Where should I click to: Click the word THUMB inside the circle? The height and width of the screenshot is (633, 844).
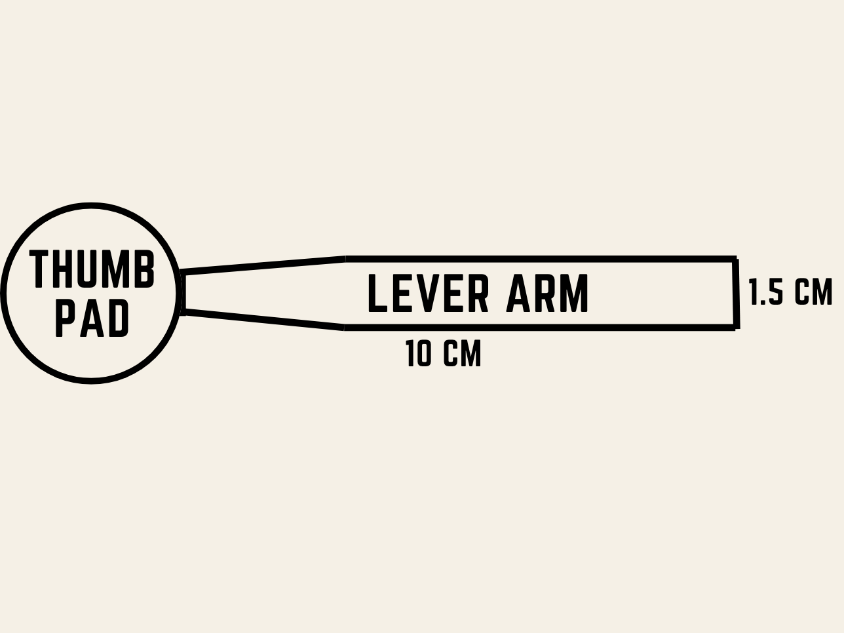tap(92, 269)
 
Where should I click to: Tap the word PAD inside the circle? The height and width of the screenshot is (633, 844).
tap(92, 318)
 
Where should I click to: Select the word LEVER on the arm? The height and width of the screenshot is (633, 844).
tap(428, 293)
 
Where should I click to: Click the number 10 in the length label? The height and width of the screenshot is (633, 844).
tap(418, 353)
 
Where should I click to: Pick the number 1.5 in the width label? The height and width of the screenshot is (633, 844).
tap(766, 292)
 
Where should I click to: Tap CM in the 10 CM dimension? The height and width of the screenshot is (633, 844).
tap(462, 353)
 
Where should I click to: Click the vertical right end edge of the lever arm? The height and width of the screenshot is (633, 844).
tap(737, 294)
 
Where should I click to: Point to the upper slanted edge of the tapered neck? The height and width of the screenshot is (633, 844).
tap(263, 265)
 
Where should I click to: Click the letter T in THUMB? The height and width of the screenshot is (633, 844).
tap(39, 269)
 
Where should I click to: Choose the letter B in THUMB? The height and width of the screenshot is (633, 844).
tap(145, 269)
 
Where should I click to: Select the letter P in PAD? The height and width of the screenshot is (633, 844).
tap(65, 318)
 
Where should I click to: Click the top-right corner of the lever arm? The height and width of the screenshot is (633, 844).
tap(735, 259)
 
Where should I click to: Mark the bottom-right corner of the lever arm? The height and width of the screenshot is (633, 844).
tap(737, 327)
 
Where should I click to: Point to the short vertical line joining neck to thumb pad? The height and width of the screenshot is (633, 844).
tap(183, 293)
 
